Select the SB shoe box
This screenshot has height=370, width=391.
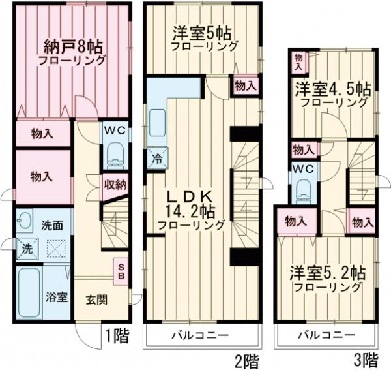(121, 271)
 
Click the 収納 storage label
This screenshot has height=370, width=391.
(115, 184)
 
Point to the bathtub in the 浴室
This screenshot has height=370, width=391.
(28, 292)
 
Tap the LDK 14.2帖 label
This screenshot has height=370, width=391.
(190, 208)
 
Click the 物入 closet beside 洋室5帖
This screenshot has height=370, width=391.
(245, 85)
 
